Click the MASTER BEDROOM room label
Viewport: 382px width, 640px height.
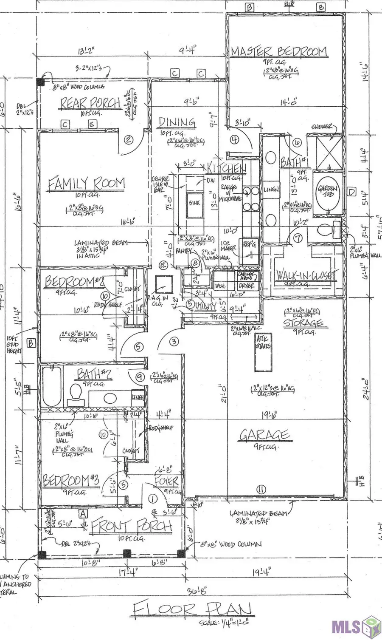[279, 51]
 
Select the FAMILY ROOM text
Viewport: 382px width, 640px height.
[86, 184]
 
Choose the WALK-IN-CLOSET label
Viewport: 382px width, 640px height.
[305, 275]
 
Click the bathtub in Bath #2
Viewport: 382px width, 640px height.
[52, 387]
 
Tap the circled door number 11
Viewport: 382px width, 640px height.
[261, 490]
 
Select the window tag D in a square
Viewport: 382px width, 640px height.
[351, 192]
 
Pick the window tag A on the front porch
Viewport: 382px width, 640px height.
[83, 514]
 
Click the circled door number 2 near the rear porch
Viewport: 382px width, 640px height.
[129, 139]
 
